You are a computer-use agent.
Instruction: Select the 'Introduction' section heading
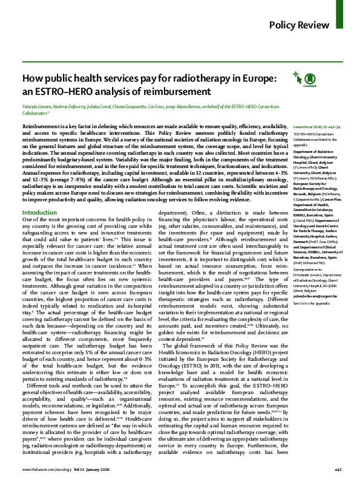pyautogui.click(x=39, y=213)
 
